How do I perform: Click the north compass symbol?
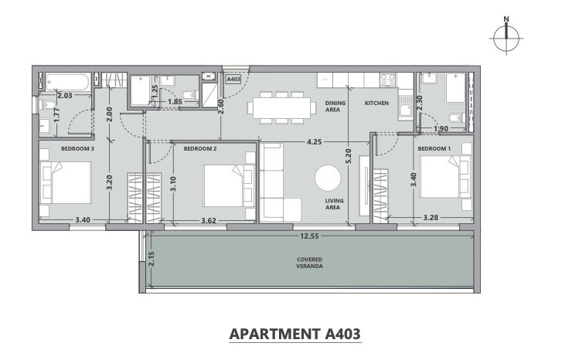(x=506, y=36)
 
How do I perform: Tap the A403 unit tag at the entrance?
(x=233, y=79)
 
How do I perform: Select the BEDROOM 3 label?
(x=78, y=149)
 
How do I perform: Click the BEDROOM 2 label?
(x=200, y=149)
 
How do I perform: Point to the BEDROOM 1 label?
(x=434, y=149)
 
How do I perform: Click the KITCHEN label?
(x=376, y=104)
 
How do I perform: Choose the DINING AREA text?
(x=335, y=106)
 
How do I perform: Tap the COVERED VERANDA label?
(x=309, y=263)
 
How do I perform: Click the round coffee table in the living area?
(x=328, y=178)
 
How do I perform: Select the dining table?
(x=281, y=107)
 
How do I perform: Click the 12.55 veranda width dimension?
(x=309, y=236)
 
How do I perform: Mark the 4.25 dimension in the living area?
(x=314, y=142)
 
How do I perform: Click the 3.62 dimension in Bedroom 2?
(x=209, y=220)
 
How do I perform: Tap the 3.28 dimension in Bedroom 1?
(x=431, y=218)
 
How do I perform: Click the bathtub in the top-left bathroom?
(x=68, y=83)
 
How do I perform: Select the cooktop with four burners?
(x=388, y=80)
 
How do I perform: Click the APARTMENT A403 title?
(x=295, y=334)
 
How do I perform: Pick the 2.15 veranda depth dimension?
(x=152, y=259)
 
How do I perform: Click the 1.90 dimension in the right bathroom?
(x=441, y=128)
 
